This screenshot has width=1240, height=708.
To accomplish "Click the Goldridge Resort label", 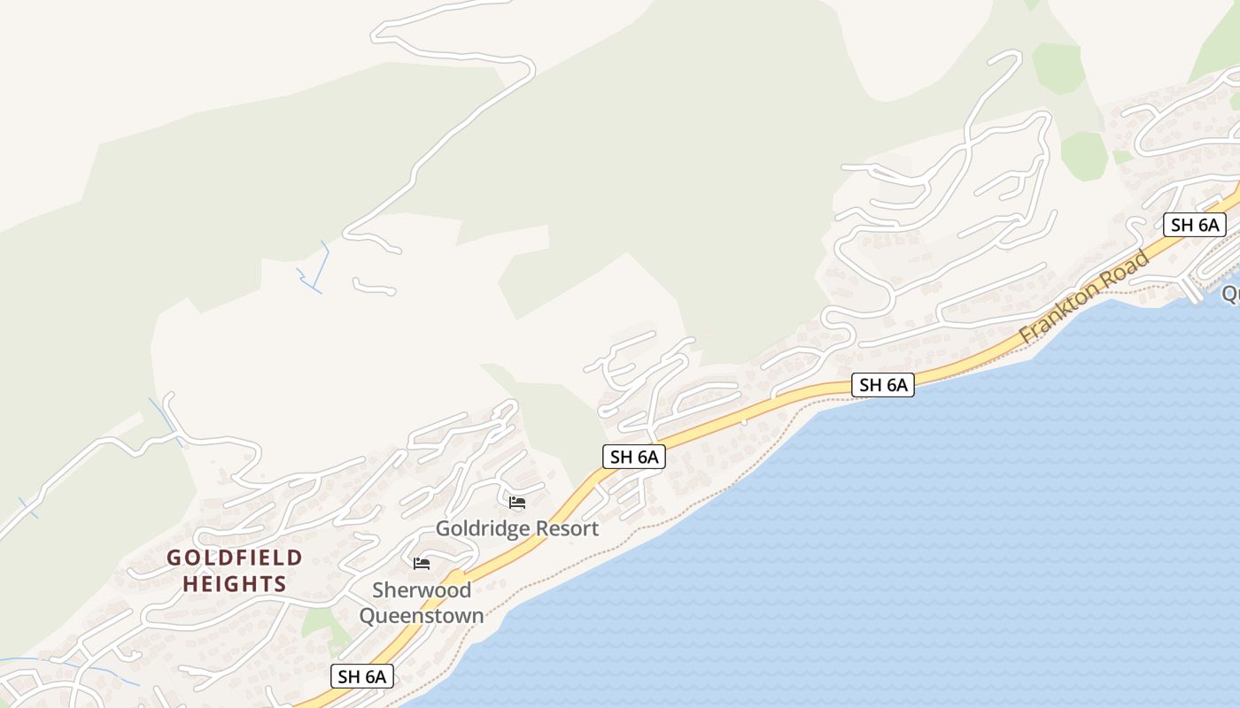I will click(x=517, y=528).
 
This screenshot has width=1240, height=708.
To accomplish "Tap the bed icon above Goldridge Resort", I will click(x=517, y=503).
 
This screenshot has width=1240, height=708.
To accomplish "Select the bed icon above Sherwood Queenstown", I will click(x=422, y=563).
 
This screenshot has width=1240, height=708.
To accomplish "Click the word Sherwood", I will click(x=422, y=590).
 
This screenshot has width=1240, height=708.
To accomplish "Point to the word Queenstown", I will click(x=422, y=615).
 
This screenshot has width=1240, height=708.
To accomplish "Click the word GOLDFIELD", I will click(x=235, y=558).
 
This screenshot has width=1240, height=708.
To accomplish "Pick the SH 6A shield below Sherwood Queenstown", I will click(x=362, y=676).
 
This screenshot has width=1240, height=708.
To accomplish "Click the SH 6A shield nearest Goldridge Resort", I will click(x=634, y=457).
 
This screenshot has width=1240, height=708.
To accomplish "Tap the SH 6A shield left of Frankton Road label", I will click(x=883, y=385).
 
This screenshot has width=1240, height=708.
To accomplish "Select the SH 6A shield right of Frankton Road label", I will click(x=1195, y=225).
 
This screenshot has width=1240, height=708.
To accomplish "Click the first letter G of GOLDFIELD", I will click(x=174, y=558).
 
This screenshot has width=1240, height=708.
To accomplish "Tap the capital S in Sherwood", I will click(x=378, y=590).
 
